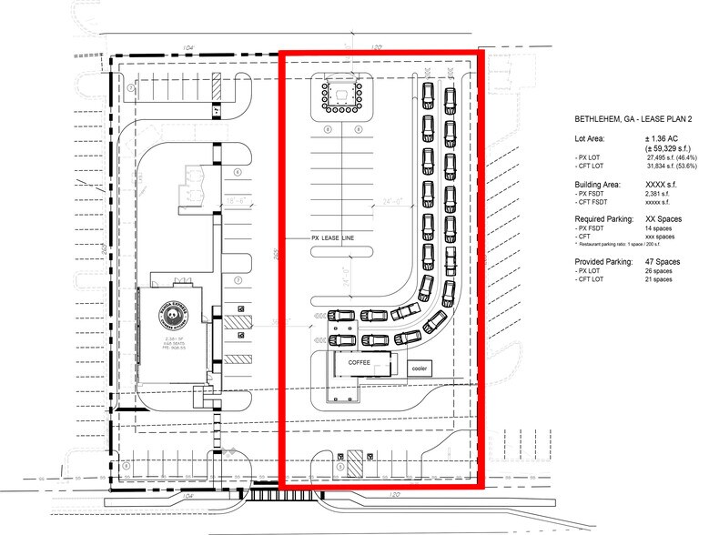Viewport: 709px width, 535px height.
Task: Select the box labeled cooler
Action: pyautogui.click(x=420, y=368)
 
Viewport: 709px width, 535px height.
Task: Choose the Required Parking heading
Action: pyautogui.click(x=604, y=219)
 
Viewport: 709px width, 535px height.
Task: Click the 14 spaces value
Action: pyautogui.click(x=653, y=228)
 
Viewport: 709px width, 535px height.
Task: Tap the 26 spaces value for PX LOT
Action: pyautogui.click(x=653, y=270)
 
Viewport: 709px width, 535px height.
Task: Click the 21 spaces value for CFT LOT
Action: pyautogui.click(x=653, y=279)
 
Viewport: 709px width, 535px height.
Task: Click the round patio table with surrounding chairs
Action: pyautogui.click(x=340, y=94)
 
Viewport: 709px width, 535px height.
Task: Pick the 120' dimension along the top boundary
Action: pyautogui.click(x=377, y=45)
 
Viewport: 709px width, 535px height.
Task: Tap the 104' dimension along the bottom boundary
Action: pyautogui.click(x=189, y=497)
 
